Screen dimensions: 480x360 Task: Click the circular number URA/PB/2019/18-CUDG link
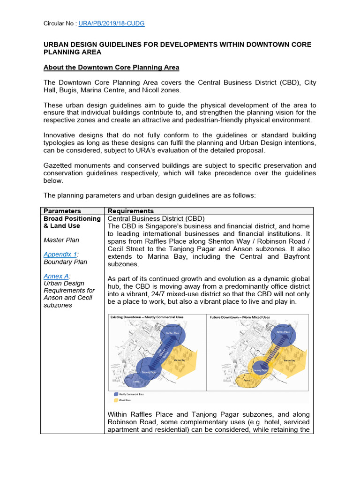pyautogui.click(x=114, y=23)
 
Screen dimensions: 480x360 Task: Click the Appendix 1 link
pyautogui.click(x=60, y=255)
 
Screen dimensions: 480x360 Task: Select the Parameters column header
pyautogui.click(x=62, y=211)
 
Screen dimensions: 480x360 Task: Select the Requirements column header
pyautogui.click(x=131, y=211)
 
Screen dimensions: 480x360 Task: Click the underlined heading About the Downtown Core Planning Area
pyautogui.click(x=111, y=67)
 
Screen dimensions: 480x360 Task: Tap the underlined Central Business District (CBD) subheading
pyautogui.click(x=156, y=218)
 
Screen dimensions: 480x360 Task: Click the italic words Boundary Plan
pyautogui.click(x=65, y=262)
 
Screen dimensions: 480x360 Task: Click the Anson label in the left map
pyautogui.click(x=136, y=381)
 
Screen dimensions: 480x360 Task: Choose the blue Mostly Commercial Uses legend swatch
pyautogui.click(x=115, y=395)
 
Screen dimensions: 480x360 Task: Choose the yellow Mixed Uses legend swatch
pyautogui.click(x=115, y=400)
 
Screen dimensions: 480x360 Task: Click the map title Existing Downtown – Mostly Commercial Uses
pyautogui.click(x=147, y=317)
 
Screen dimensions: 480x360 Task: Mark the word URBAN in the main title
pyautogui.click(x=55, y=45)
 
